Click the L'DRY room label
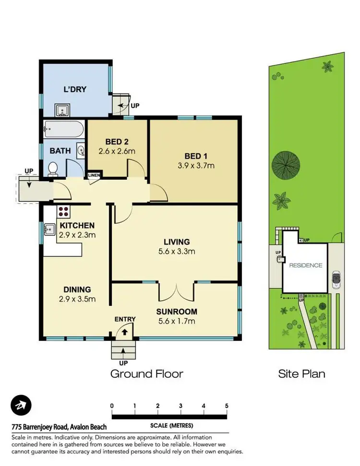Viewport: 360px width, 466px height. point(75,89)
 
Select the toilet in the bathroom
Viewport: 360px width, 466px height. point(53,168)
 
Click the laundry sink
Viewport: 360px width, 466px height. point(62,110)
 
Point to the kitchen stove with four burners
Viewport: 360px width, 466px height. point(64,211)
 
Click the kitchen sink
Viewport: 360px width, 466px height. point(49,230)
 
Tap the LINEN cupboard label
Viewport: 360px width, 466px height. point(94,175)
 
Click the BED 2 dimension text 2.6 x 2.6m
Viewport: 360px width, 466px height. point(117,151)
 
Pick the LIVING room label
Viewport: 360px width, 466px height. point(176,242)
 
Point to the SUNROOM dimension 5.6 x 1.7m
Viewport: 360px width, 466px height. point(176,321)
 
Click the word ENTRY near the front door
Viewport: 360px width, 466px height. point(125,319)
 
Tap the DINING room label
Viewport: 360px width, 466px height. point(77,289)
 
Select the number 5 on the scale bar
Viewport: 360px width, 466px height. point(227,406)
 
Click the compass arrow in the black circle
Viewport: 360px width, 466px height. point(21,406)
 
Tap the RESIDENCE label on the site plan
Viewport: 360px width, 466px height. point(305,265)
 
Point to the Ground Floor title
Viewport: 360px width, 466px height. point(147,373)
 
